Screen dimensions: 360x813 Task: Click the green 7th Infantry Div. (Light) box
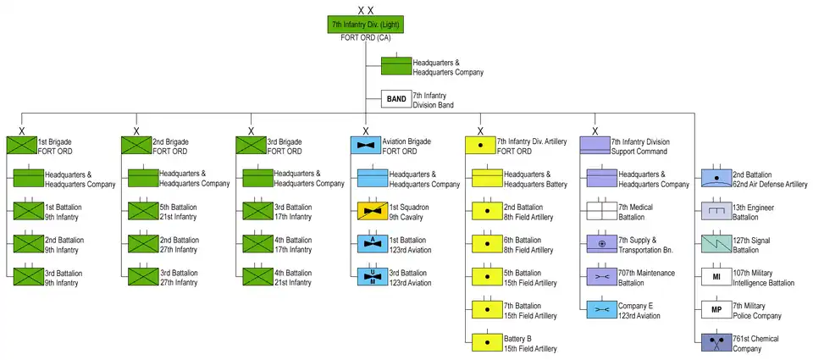[366, 25]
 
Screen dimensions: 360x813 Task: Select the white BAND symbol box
[395, 100]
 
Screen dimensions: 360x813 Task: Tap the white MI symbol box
[716, 277]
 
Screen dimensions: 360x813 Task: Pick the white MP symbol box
[716, 310]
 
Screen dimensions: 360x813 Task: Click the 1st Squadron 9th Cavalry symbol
[372, 211]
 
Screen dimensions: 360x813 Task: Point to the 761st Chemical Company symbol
[716, 343]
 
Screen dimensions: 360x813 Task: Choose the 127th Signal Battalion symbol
[716, 244]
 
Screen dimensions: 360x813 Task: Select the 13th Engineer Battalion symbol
[716, 211]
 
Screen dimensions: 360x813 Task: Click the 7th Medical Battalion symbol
[600, 211]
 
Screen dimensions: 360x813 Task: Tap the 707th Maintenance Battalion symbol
[600, 277]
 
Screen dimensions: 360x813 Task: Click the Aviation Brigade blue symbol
[366, 146]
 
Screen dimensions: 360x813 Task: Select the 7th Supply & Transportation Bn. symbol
[600, 244]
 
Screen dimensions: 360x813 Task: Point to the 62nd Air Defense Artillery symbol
[716, 178]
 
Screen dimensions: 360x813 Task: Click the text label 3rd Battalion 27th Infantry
[179, 278]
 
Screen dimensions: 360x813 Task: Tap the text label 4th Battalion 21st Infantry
[293, 278]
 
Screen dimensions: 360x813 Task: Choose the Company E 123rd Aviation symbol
[600, 310]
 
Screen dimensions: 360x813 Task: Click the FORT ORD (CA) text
[366, 39]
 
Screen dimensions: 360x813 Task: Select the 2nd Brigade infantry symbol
[135, 146]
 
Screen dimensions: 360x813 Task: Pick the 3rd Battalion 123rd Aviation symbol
[372, 277]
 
